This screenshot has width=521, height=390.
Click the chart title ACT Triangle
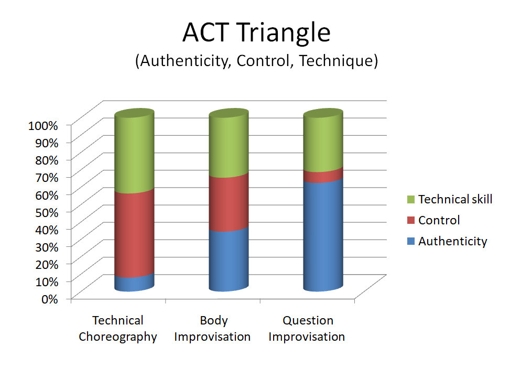pos(256,32)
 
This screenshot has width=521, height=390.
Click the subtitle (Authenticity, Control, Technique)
pos(256,61)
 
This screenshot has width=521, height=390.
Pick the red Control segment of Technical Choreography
pos(134,234)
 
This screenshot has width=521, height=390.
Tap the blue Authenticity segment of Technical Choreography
pos(134,283)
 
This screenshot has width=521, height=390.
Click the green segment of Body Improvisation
pos(229,143)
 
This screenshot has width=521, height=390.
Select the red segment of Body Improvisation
pos(229,203)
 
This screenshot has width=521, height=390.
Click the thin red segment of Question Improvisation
pos(323,176)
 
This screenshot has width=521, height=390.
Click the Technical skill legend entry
pos(450,199)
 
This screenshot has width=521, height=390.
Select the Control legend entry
pos(433,220)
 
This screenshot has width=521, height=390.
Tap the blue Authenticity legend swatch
pos(411,241)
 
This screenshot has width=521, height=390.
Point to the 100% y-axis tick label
pos(43,126)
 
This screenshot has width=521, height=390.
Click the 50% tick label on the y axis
pos(47,212)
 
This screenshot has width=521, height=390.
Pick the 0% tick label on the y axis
pos(50,299)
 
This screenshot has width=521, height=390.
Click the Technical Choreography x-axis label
pos(118,329)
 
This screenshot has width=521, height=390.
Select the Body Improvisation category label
pos(212,329)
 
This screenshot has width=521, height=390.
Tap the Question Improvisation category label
pos(307,329)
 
